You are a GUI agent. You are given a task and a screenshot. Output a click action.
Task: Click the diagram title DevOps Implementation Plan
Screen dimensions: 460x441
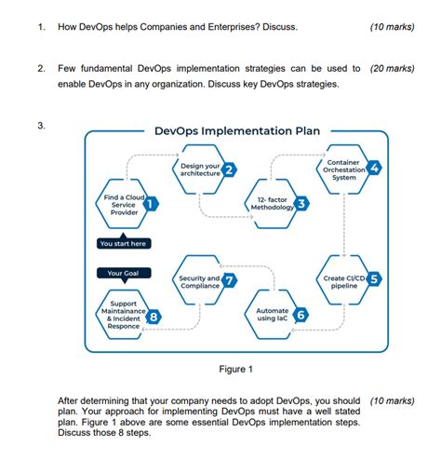point(236,131)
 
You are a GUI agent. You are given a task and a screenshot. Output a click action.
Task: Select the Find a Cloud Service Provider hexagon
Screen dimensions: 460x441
point(124,205)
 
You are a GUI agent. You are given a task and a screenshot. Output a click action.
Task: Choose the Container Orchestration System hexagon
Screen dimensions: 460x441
point(344,169)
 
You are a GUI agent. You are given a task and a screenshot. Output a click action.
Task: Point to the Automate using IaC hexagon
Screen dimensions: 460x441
point(273,315)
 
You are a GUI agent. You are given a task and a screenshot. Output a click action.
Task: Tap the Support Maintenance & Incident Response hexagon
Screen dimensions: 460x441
point(124,315)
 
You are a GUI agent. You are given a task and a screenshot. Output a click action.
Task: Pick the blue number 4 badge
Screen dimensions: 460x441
point(374,169)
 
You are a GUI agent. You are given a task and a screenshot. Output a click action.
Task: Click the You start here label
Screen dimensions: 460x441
point(123,243)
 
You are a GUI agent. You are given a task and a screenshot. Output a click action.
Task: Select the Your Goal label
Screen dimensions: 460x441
point(123,273)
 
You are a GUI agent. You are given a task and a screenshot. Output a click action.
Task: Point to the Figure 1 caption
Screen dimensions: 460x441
point(232,369)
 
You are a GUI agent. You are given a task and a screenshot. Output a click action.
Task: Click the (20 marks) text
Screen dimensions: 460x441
point(392,69)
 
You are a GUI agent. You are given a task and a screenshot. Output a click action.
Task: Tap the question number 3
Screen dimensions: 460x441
point(42,125)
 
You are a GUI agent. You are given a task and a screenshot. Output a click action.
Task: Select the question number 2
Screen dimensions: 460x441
point(42,69)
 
